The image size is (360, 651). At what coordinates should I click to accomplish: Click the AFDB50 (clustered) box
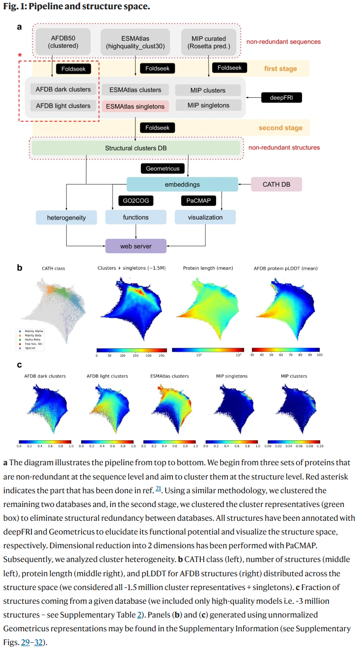click(x=63, y=42)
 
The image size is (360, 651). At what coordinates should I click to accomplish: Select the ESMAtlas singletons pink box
click(x=135, y=106)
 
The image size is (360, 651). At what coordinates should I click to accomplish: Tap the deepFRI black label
click(x=281, y=98)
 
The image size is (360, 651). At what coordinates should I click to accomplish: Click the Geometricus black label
click(x=163, y=169)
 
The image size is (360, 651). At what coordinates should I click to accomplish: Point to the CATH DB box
click(x=276, y=185)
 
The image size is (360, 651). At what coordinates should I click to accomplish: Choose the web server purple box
click(x=136, y=246)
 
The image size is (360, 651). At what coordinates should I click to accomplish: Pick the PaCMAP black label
click(x=198, y=200)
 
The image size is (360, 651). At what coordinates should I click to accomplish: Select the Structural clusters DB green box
click(x=136, y=148)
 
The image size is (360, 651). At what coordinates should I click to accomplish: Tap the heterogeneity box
click(x=66, y=217)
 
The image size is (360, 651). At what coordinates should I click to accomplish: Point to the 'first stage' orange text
click(x=280, y=69)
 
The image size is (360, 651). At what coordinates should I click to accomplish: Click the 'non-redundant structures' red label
click(x=284, y=147)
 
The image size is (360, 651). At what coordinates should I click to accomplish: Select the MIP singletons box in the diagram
click(x=208, y=105)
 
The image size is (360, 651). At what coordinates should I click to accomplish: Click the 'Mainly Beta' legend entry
click(x=33, y=335)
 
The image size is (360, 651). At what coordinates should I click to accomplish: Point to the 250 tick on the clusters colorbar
click(x=161, y=355)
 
